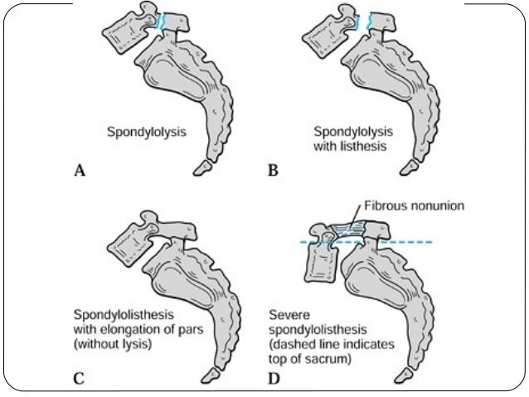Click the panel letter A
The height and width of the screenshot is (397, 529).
(80, 172)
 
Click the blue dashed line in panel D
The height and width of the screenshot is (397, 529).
(431, 242)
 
